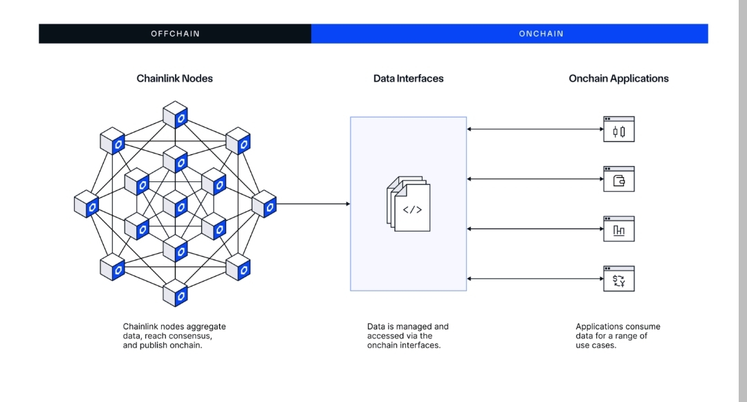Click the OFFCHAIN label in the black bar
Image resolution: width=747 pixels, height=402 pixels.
click(174, 33)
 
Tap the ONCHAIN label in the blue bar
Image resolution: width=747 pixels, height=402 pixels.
click(541, 33)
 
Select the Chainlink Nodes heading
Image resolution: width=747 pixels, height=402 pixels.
click(175, 78)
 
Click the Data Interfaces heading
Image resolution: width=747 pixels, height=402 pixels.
click(408, 78)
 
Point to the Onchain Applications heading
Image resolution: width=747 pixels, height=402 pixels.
click(618, 78)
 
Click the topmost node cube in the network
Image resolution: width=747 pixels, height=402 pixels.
click(176, 116)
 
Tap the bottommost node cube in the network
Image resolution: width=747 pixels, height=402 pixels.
click(176, 293)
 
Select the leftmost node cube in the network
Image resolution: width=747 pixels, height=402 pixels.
click(86, 204)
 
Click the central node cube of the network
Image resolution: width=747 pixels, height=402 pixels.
click(176, 204)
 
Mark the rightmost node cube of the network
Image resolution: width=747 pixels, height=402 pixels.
click(264, 204)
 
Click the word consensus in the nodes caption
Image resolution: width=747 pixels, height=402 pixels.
click(190, 336)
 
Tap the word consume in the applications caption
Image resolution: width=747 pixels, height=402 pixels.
click(645, 327)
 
